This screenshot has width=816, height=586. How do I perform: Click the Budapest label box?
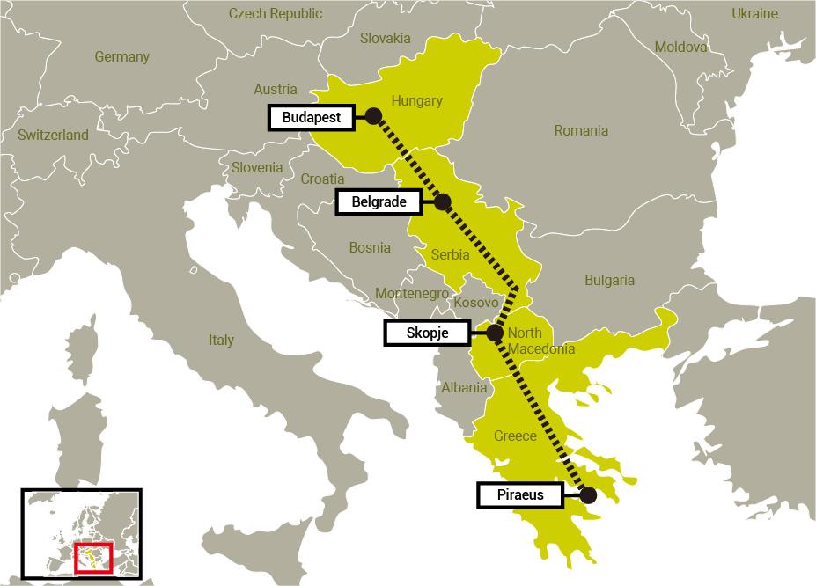(x=312, y=116)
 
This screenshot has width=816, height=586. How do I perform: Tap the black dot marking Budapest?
(x=373, y=115)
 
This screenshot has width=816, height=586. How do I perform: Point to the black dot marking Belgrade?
(x=443, y=201)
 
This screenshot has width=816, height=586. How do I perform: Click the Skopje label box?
(x=429, y=333)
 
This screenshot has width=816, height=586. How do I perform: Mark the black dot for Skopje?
(x=494, y=333)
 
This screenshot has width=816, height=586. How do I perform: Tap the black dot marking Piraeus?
(x=588, y=495)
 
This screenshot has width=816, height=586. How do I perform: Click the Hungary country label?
(x=416, y=100)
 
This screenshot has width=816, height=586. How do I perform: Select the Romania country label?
(x=580, y=131)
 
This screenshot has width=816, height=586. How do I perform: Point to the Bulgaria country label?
(x=609, y=281)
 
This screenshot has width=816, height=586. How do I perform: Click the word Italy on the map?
(x=221, y=340)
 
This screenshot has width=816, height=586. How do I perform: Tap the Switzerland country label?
(x=53, y=136)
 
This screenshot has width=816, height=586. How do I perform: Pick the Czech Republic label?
(x=275, y=13)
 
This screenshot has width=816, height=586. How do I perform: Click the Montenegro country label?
(x=412, y=293)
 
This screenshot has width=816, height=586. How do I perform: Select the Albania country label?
(x=463, y=388)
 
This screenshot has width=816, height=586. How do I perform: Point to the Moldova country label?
(x=680, y=47)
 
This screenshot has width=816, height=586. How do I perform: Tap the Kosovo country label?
(x=476, y=303)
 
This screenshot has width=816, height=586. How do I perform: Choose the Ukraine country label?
(x=754, y=13)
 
